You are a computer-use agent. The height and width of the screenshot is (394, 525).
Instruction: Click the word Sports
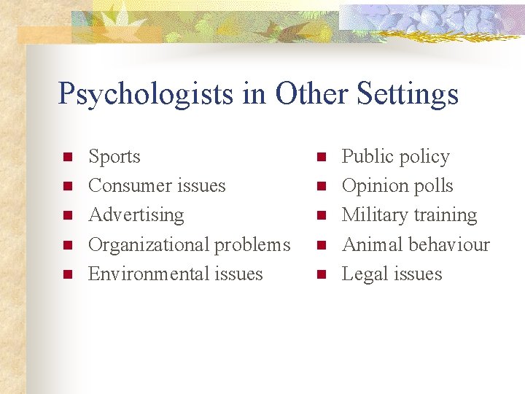(114, 157)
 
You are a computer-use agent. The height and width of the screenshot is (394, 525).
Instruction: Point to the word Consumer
(124, 186)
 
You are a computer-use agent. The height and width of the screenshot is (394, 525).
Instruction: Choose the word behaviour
(451, 244)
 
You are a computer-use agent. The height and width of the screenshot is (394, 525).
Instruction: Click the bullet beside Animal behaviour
(320, 245)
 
